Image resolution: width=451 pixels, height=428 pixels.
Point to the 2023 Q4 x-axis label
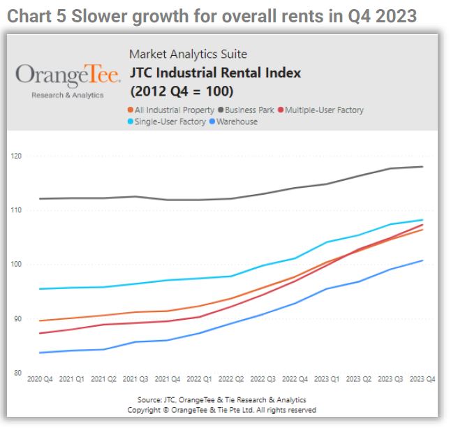pos(421,379)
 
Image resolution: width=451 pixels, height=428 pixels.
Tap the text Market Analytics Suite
pos(188,54)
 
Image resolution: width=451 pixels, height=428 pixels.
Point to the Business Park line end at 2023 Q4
pos(422,166)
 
